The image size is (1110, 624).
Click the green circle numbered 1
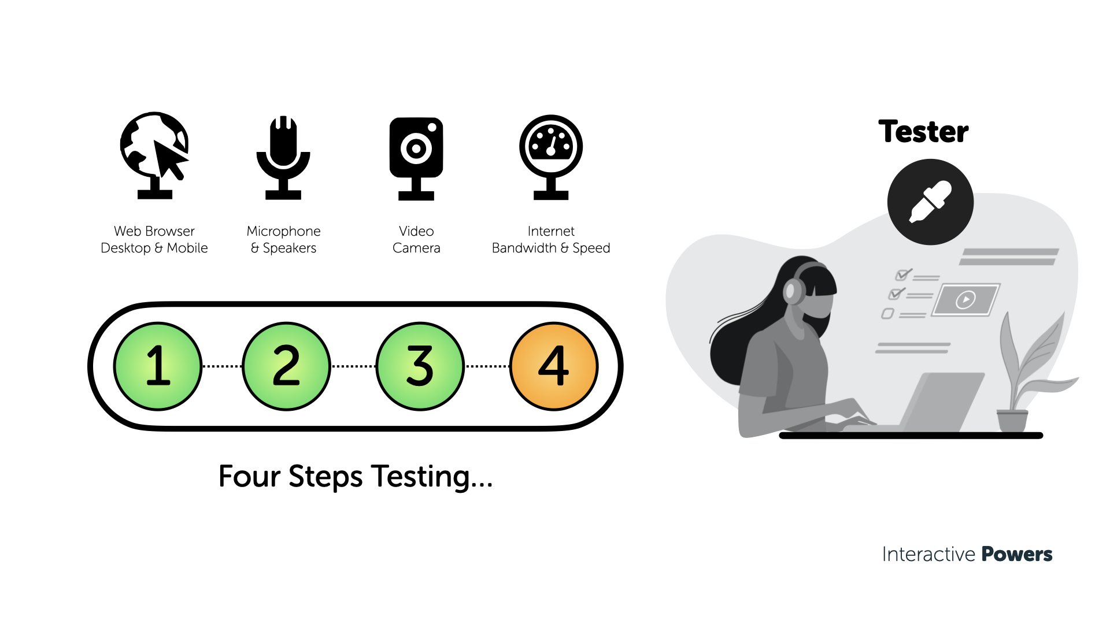pos(158,366)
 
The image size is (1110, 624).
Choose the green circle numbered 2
pos(286,366)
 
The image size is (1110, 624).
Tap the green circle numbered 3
pos(420,366)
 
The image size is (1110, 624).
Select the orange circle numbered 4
pos(554,366)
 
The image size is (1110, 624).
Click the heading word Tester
pos(923,132)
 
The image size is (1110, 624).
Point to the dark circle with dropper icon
pos(930,202)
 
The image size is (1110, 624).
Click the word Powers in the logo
pos(1017,554)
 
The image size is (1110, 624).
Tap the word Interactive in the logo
pos(928,554)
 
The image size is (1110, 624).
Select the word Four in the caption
pos(249,477)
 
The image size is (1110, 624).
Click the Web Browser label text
pos(154,231)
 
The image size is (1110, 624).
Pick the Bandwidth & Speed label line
pos(551,248)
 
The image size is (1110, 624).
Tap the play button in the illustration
pos(965,299)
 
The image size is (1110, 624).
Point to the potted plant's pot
pos(1012,420)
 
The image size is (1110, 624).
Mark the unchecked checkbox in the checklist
pos(887,314)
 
